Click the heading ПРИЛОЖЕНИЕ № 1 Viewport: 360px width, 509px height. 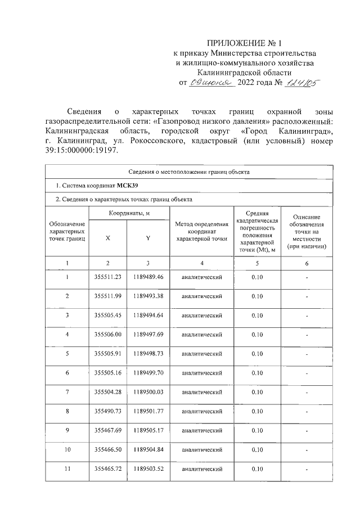click(x=243, y=43)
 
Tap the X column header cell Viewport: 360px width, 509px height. click(x=107, y=238)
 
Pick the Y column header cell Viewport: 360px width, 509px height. click(x=147, y=238)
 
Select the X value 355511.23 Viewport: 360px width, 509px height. click(x=107, y=277)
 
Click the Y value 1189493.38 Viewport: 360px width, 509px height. click(x=148, y=296)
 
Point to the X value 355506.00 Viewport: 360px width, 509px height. click(x=107, y=335)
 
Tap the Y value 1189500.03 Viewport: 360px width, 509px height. click(x=148, y=392)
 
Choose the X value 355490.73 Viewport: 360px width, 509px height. click(x=107, y=411)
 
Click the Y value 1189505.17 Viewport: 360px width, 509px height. click(x=148, y=430)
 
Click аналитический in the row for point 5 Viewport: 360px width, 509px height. click(x=202, y=354)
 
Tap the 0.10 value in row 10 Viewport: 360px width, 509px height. click(x=257, y=449)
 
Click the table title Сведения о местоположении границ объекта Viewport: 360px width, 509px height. click(x=188, y=172)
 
